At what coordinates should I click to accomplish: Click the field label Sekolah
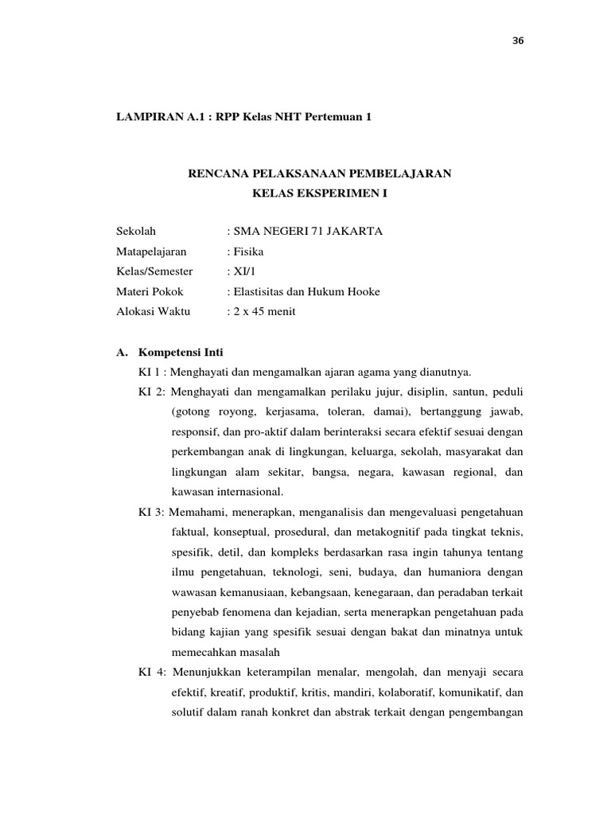coord(136,231)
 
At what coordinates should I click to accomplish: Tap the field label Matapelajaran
coord(151,252)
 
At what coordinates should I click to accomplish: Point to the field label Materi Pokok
coord(150,291)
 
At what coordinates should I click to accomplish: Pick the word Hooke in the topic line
coord(362,291)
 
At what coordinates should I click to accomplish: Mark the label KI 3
coord(150,511)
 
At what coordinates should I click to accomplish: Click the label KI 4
coord(150,671)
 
